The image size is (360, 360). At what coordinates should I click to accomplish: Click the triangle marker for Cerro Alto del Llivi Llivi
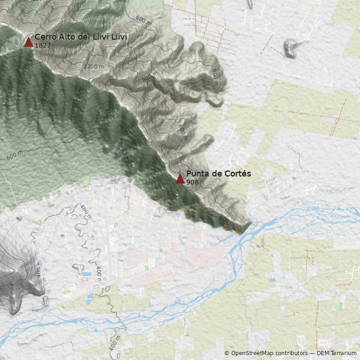(x=28, y=42)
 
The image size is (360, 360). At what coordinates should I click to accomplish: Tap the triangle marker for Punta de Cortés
(x=180, y=179)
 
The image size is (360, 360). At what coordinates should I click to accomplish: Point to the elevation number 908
(x=192, y=182)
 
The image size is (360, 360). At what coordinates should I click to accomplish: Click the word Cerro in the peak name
(x=45, y=37)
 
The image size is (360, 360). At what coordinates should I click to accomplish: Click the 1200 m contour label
(x=94, y=66)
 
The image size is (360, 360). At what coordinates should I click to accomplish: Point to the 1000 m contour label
(x=47, y=102)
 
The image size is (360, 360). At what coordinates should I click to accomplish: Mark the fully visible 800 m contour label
(x=150, y=77)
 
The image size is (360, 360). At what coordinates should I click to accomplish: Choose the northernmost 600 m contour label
(x=144, y=20)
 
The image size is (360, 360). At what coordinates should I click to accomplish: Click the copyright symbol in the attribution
(x=227, y=353)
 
